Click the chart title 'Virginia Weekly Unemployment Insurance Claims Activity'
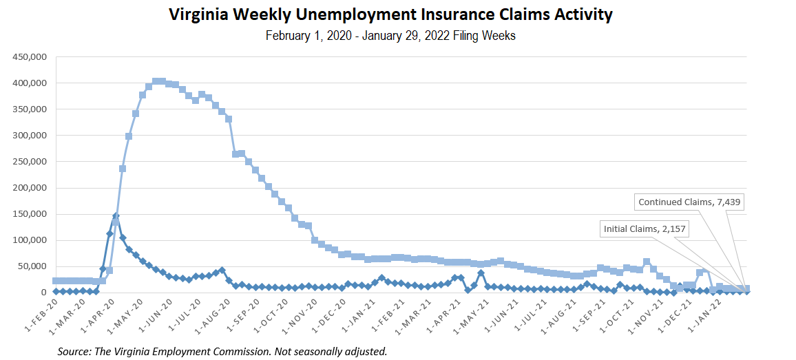(390, 14)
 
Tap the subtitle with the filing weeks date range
(390, 36)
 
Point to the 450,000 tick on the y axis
(30, 57)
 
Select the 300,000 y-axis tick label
(30, 136)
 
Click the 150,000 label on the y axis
(30, 214)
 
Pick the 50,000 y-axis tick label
(32, 266)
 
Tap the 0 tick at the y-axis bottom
(44, 293)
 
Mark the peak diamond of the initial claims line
(116, 216)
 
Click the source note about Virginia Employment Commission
(222, 352)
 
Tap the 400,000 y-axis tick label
(30, 83)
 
